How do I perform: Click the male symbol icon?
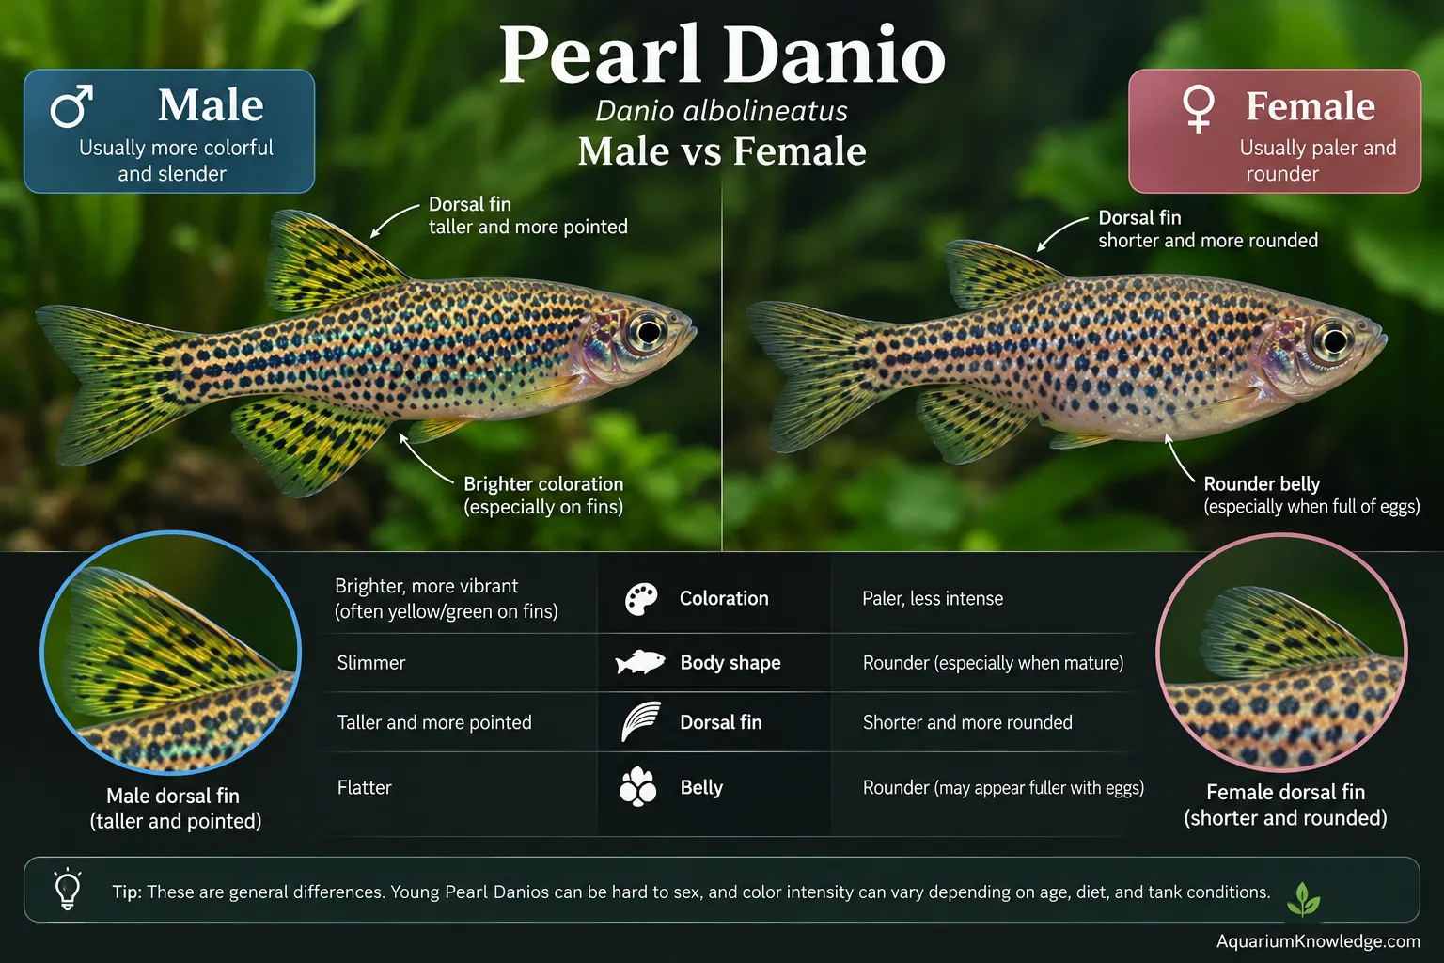pos(71,105)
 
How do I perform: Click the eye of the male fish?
pos(647,332)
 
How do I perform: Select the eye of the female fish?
pos(1333,339)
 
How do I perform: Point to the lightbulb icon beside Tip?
pos(68,890)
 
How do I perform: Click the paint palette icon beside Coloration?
pos(641,599)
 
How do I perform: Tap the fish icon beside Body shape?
pos(640,662)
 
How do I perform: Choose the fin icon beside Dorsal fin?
pos(641,721)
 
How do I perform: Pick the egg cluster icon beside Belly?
pos(637,787)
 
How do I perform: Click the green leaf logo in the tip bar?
pos(1304,898)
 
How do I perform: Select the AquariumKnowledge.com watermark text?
pos(1318,941)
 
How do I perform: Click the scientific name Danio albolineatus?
pos(721,111)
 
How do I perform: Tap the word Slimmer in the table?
pos(371,662)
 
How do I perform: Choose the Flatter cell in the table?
pos(364,787)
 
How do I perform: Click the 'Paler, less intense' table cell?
pos(933,598)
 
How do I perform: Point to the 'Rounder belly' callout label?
pos(1262,483)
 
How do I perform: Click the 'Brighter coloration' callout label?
pos(543,483)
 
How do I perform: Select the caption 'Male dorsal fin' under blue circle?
pos(173,796)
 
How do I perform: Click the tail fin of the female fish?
pos(819,375)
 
